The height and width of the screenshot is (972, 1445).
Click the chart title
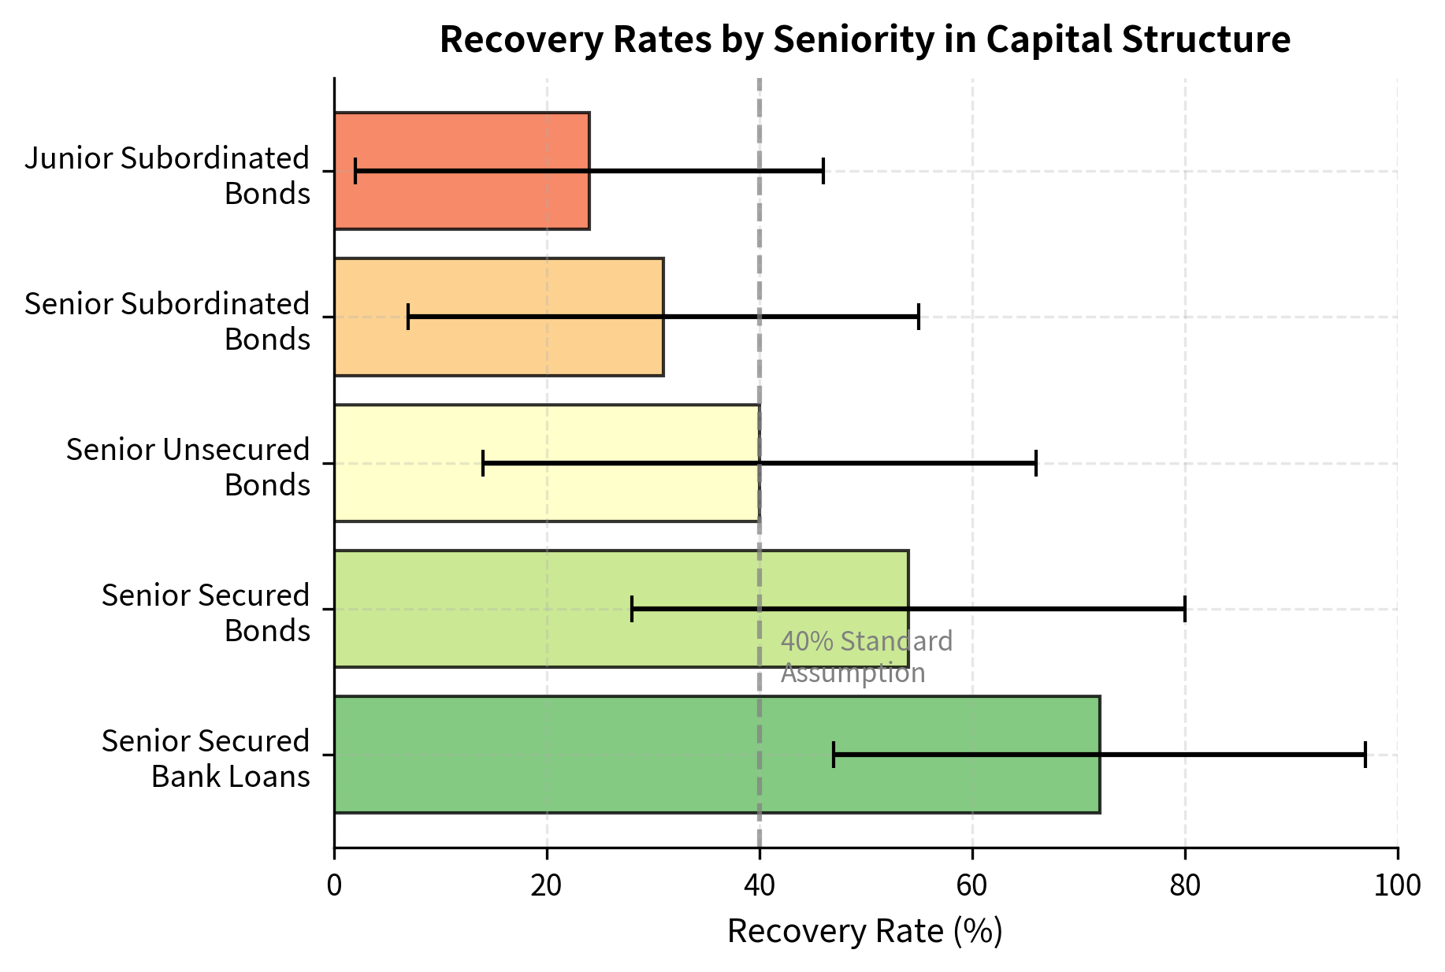tap(864, 39)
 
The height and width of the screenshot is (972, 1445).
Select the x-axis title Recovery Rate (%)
tap(864, 931)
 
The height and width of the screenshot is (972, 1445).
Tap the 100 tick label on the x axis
tap(1397, 885)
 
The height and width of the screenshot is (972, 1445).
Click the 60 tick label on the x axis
tap(971, 885)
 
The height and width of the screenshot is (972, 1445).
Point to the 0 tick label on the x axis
tap(334, 885)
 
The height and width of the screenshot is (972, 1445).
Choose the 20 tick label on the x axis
tap(546, 885)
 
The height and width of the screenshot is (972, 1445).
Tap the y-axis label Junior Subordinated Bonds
tap(167, 175)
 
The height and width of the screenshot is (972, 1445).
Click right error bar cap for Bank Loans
tap(1365, 755)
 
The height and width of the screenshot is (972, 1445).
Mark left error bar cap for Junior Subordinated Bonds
tap(355, 171)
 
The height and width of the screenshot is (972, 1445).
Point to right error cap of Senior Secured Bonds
tap(1184, 609)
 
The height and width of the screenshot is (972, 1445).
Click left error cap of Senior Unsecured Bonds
tap(483, 463)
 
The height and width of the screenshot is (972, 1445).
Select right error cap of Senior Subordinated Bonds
tap(919, 317)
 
